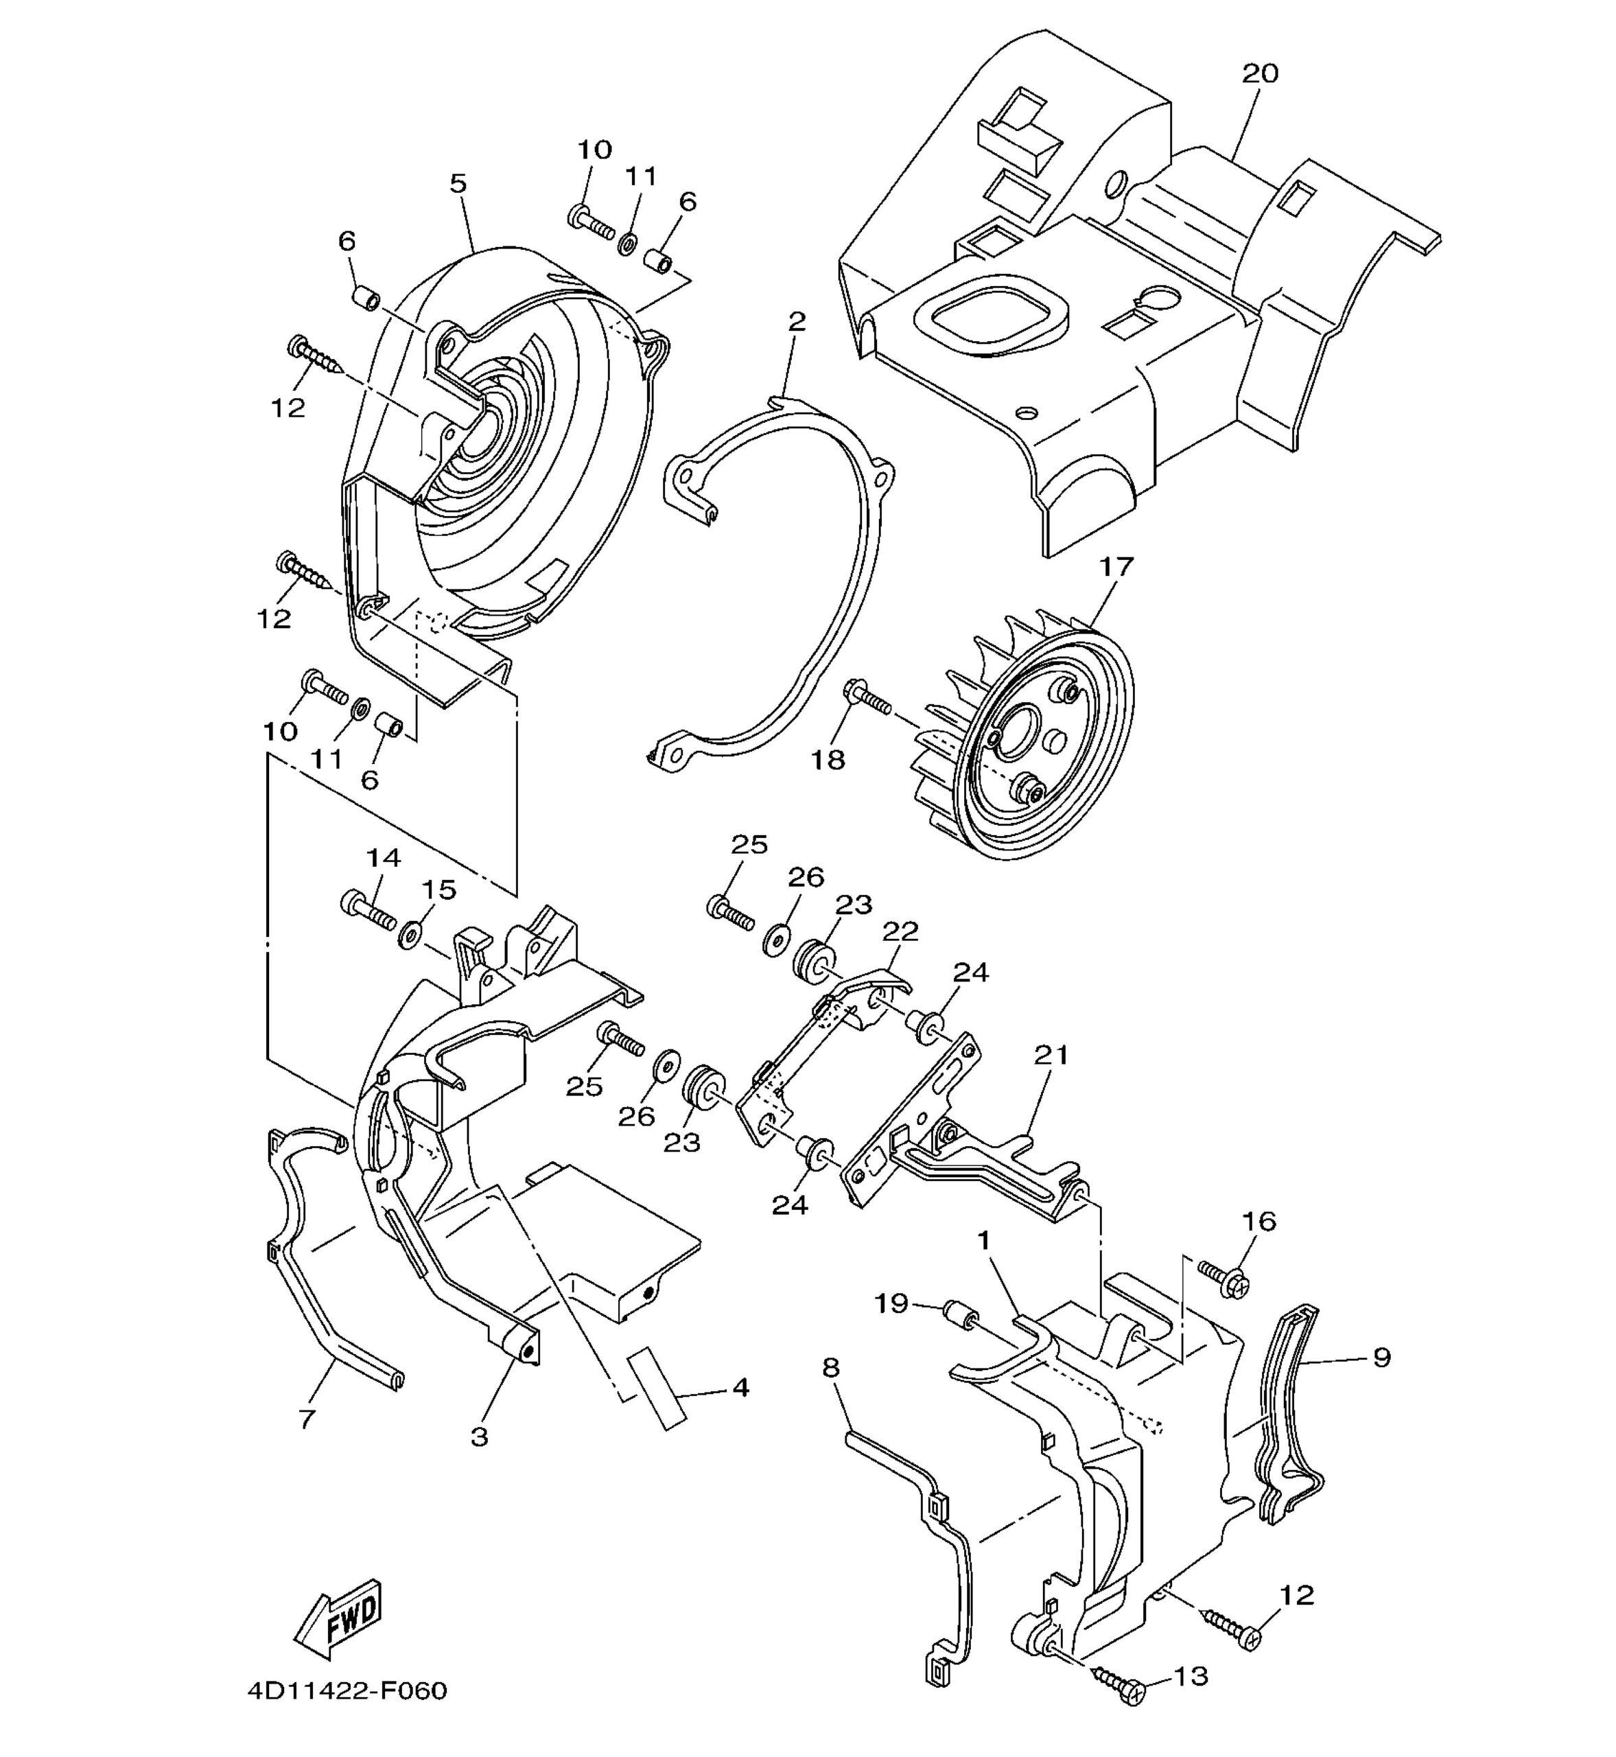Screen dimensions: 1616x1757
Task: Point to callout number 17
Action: pos(1116,567)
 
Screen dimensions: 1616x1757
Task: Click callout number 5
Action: pos(458,184)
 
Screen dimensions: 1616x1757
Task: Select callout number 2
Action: pos(796,321)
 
